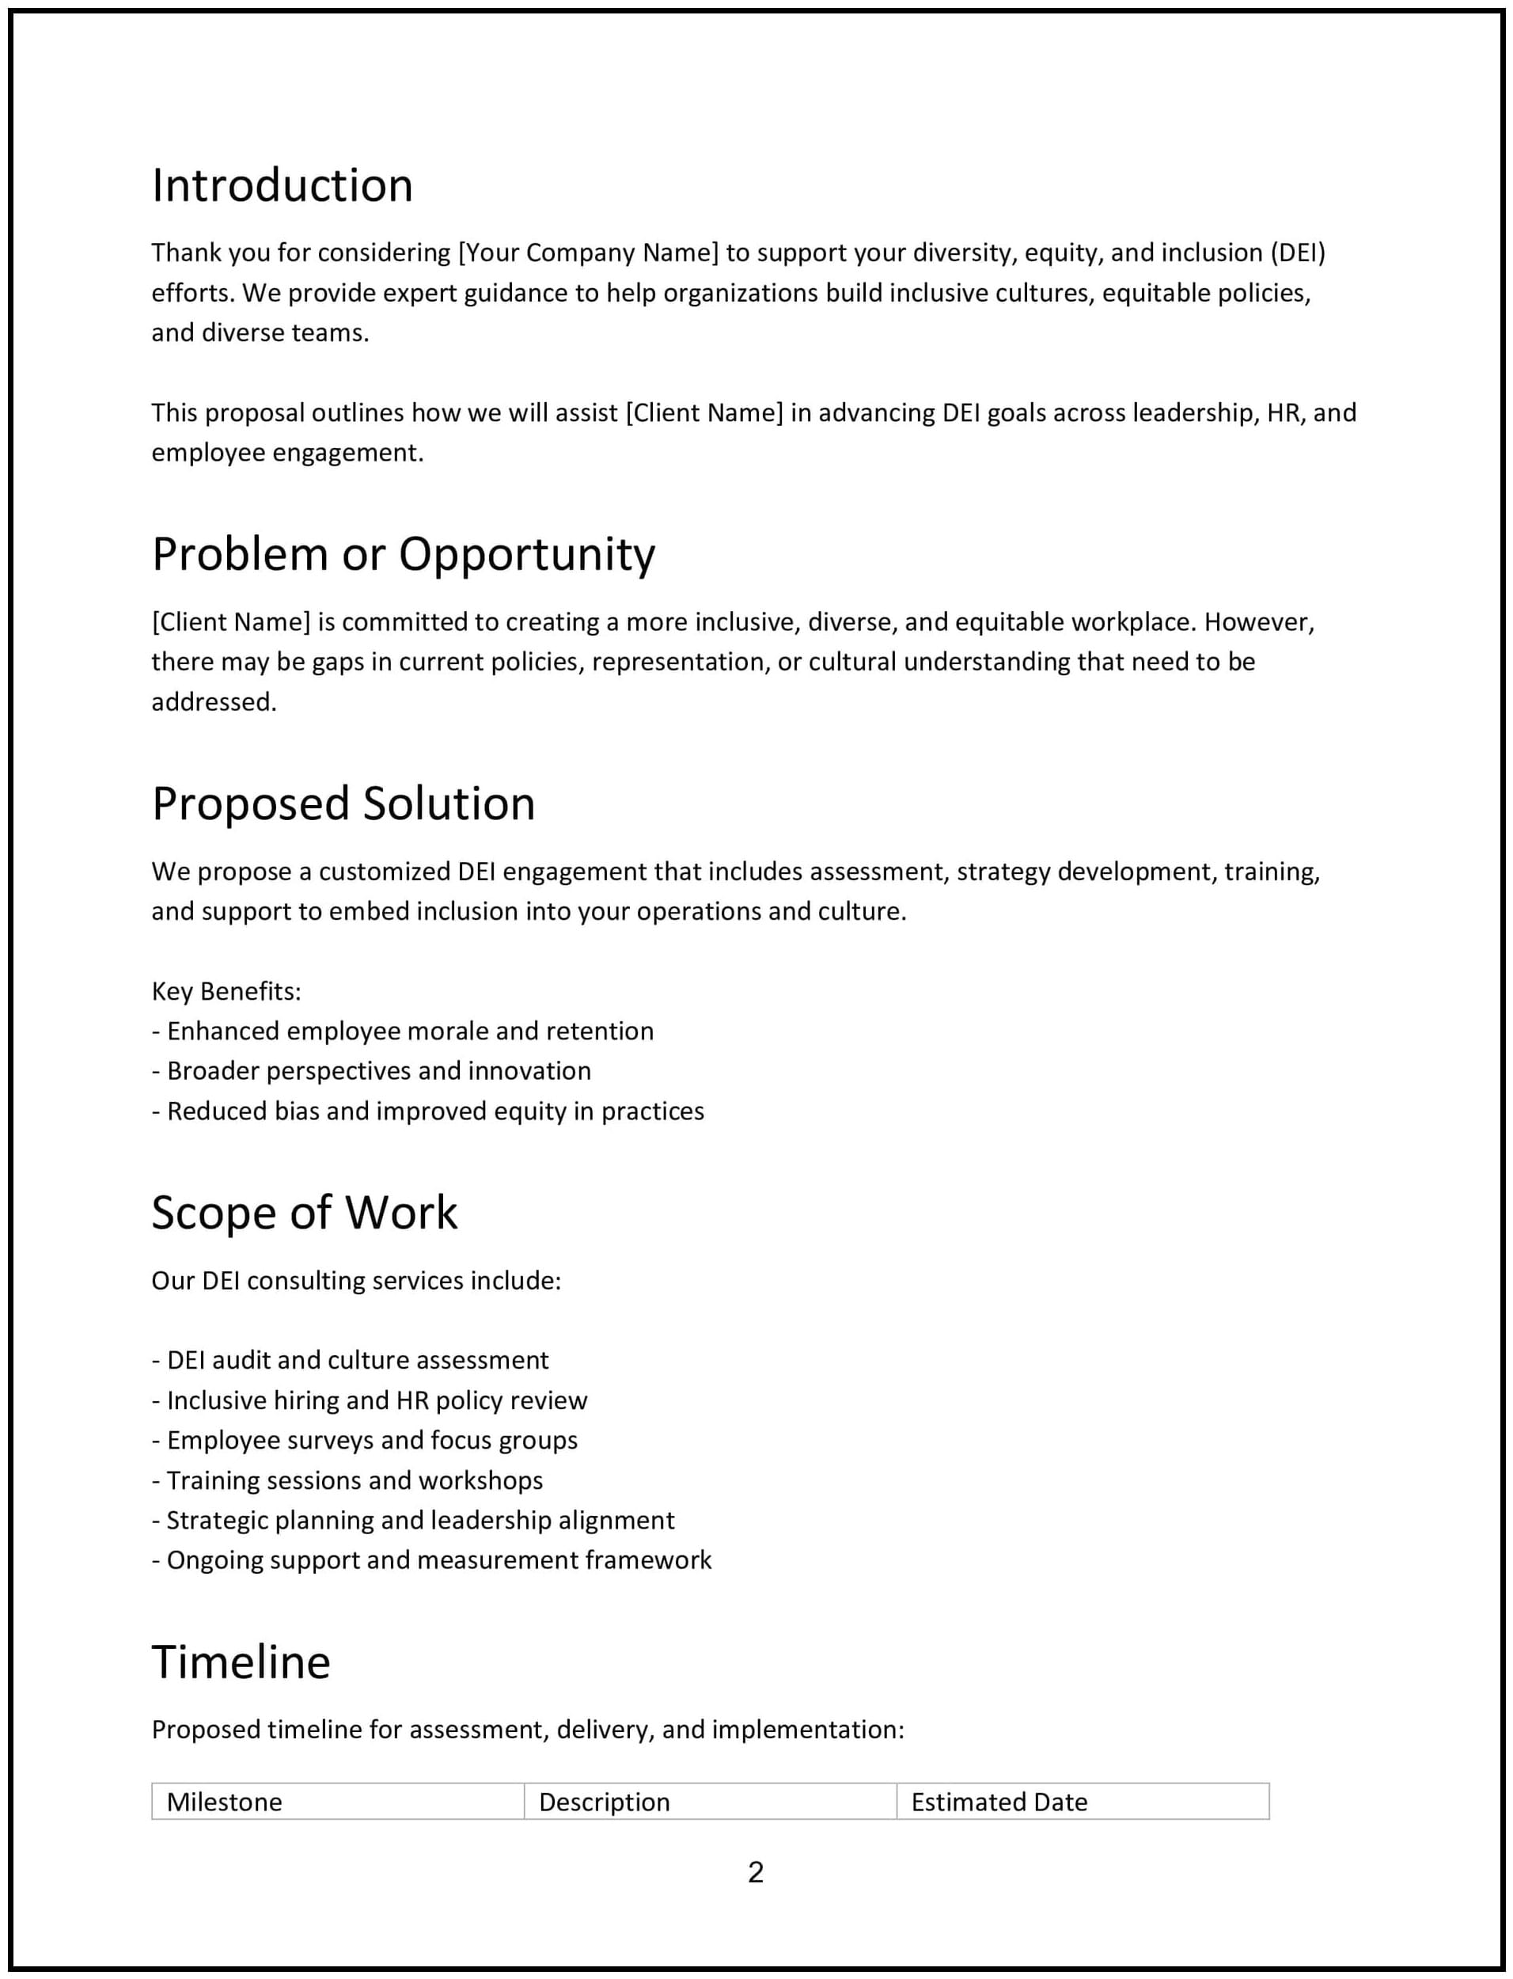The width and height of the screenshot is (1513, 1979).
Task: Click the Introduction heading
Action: [x=282, y=185]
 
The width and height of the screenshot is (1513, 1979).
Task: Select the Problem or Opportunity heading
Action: [x=404, y=554]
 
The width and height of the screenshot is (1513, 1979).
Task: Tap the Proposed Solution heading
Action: [x=343, y=803]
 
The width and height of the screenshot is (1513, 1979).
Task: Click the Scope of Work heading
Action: [x=305, y=1213]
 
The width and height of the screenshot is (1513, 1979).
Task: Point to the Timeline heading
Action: [x=241, y=1662]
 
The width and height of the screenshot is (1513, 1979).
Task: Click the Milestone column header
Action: [x=224, y=1802]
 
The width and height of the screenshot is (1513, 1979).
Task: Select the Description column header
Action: [x=605, y=1802]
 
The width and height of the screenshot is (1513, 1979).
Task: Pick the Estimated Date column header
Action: [x=999, y=1802]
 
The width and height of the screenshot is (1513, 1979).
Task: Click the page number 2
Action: [x=756, y=1873]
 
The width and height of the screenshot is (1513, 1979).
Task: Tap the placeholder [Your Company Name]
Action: [x=588, y=253]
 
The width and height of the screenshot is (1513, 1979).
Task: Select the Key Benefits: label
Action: [x=226, y=992]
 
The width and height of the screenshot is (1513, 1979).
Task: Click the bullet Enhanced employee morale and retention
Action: [x=410, y=1031]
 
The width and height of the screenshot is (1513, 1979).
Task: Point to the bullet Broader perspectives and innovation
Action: [x=378, y=1071]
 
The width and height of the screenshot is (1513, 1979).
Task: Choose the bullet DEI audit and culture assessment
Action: [x=357, y=1360]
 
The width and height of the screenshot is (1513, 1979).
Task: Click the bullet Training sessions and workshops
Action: [x=354, y=1480]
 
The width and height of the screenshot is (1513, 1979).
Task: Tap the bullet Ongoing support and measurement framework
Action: [x=438, y=1560]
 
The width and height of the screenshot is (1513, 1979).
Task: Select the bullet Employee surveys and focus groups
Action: [x=371, y=1441]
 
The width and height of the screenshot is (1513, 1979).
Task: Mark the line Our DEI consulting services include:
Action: [x=356, y=1281]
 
